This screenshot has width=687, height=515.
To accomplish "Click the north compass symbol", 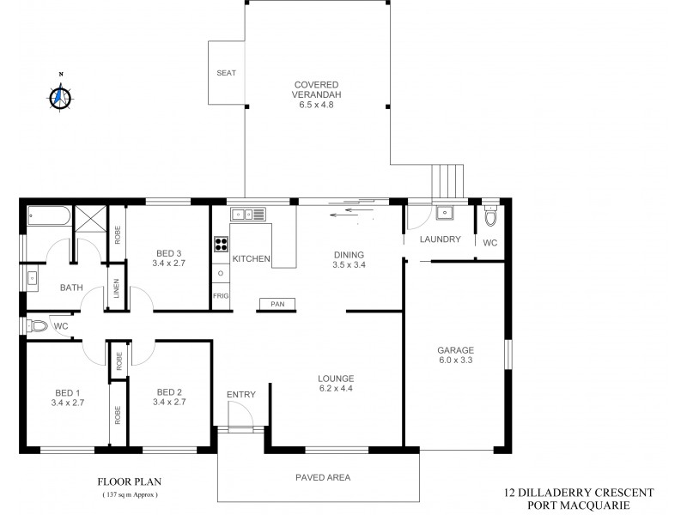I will (x=59, y=97).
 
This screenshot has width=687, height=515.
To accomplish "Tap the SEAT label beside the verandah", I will (x=226, y=73).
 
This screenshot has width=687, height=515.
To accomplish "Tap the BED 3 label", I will (x=168, y=257).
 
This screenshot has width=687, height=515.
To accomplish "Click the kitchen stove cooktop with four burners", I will (x=221, y=242).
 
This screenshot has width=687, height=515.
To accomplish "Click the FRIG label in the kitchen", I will (x=221, y=296).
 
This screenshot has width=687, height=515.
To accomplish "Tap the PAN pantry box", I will (x=277, y=304).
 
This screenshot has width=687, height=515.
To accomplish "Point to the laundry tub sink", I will (x=445, y=213).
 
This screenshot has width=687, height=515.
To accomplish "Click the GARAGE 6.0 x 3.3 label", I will (x=455, y=355).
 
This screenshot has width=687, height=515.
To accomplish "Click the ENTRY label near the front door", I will (x=241, y=394).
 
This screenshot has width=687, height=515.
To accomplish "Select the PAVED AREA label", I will (x=323, y=477).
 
